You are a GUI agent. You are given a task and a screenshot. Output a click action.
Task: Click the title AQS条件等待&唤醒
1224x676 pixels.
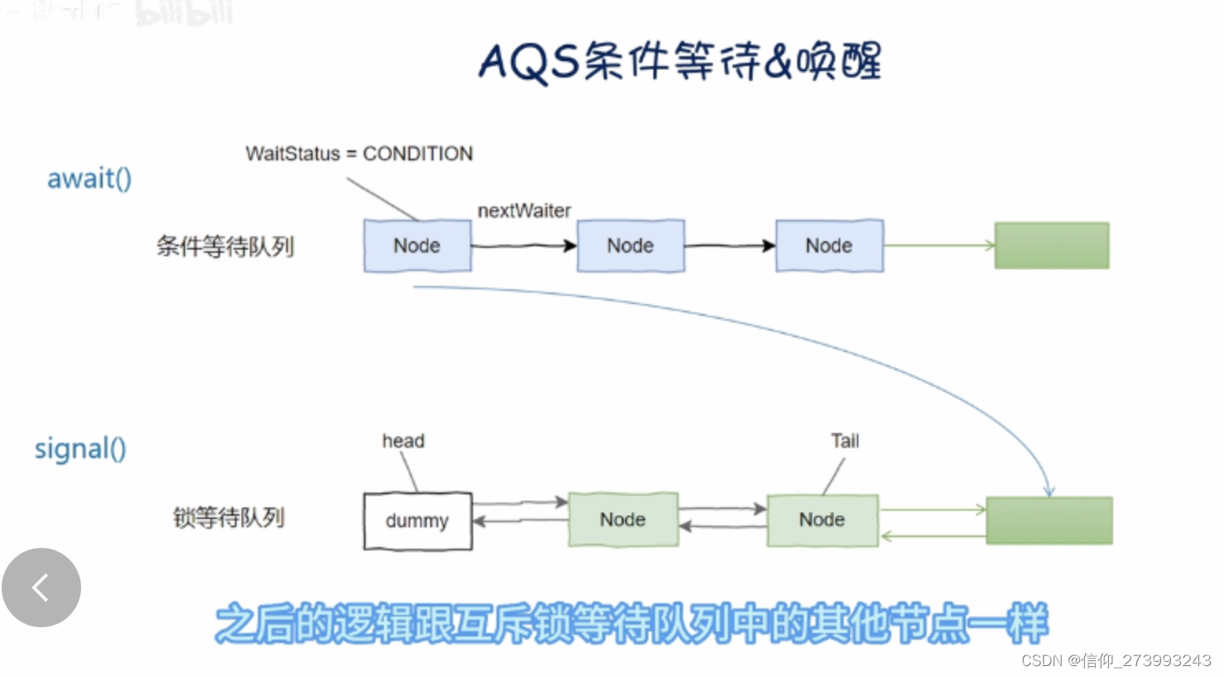(x=680, y=61)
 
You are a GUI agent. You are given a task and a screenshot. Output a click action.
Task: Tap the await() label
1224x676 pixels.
(x=89, y=179)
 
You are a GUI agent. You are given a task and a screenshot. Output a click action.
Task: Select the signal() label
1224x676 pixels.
(x=80, y=449)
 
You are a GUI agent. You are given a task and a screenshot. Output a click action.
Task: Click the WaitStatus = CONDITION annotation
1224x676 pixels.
(x=359, y=154)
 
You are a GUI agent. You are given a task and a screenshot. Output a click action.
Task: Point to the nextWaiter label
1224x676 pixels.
(x=524, y=211)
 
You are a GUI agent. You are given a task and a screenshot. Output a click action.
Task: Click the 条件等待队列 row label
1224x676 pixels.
(x=225, y=246)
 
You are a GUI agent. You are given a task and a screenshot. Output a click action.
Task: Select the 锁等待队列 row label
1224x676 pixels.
(x=228, y=518)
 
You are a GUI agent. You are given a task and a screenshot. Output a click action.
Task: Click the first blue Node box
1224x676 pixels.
(x=418, y=245)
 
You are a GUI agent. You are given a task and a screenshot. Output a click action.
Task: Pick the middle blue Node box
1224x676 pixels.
(x=631, y=245)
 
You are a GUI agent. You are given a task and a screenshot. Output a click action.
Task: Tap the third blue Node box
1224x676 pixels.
(x=830, y=245)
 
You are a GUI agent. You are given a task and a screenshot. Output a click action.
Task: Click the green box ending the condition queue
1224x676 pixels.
(x=1052, y=245)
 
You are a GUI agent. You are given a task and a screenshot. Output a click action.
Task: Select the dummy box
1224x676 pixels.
(x=418, y=521)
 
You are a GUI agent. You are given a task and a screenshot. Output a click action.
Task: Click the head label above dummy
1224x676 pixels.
(x=404, y=441)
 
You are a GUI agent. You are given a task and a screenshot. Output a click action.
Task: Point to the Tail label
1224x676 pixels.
(x=845, y=441)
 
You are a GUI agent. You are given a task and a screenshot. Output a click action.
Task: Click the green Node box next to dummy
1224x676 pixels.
(x=624, y=520)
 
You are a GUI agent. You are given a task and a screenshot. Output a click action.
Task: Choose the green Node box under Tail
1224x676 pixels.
(x=823, y=520)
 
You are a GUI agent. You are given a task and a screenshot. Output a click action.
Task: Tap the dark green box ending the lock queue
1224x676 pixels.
(x=1049, y=521)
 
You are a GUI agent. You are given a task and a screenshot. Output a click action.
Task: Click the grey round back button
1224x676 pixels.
(x=41, y=588)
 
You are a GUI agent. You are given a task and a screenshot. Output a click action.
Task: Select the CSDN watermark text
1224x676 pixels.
(x=1116, y=660)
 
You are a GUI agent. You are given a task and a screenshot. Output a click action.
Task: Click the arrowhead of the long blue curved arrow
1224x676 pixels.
(x=1049, y=492)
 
